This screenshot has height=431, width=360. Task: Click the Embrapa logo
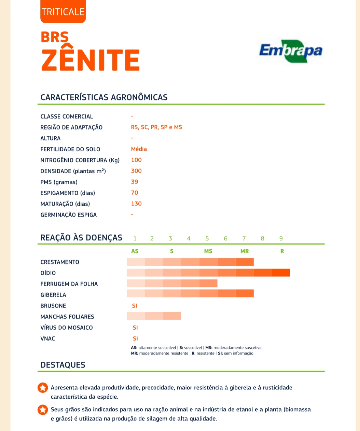tap(291, 51)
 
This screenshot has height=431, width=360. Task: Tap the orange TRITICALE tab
tap(63, 12)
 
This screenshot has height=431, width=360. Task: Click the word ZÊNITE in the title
tap(90, 60)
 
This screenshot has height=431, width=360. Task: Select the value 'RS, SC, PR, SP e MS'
tap(156, 127)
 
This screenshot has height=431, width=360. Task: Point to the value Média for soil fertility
tap(139, 149)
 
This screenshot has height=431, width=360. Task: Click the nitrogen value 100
tap(136, 160)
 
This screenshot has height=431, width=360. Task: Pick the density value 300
tap(136, 171)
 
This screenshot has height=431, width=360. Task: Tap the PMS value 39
tap(135, 182)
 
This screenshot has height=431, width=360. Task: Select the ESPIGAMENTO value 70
tap(135, 193)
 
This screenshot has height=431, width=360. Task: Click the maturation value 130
tap(136, 204)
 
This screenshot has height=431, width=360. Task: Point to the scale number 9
tap(281, 238)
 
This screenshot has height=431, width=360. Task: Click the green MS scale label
tap(208, 251)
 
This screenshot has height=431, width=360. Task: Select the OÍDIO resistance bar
tap(208, 273)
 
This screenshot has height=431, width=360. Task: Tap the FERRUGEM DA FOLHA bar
tap(172, 283)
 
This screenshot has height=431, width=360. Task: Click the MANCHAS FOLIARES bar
tap(154, 316)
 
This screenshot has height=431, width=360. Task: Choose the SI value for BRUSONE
tap(135, 306)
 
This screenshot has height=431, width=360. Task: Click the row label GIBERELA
tap(53, 295)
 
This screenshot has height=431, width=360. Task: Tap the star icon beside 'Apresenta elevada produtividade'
tap(43, 388)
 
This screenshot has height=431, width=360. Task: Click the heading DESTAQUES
tap(63, 365)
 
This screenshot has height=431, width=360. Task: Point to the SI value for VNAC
tap(135, 338)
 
